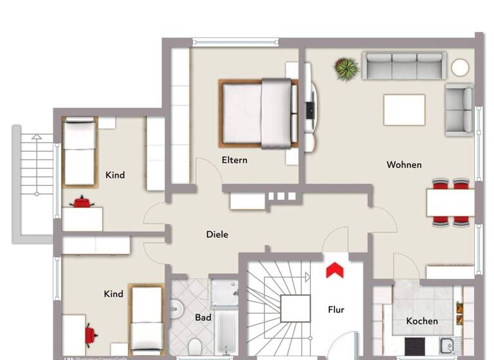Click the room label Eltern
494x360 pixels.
click(x=234, y=160)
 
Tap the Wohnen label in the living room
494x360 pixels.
click(x=404, y=165)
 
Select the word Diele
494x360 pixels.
click(x=217, y=235)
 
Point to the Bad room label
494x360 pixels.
click(x=203, y=318)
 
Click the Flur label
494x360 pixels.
click(x=336, y=310)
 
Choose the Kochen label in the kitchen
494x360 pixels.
click(x=422, y=321)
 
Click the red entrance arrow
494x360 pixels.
click(x=334, y=269)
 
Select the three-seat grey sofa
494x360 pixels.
click(x=404, y=66)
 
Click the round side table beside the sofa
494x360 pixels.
click(x=460, y=67)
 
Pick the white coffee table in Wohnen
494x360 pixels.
click(x=404, y=110)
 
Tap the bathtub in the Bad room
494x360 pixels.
click(x=226, y=332)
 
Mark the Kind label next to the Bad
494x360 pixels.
click(x=113, y=294)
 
